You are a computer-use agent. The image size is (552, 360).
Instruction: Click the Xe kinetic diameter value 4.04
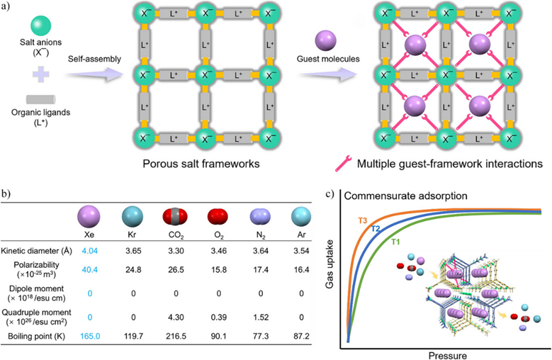coord(90,251)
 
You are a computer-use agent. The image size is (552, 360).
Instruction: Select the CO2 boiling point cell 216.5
coord(176,336)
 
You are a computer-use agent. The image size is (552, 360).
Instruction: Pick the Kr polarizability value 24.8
coord(133,270)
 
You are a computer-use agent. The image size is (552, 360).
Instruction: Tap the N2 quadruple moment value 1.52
coord(261,317)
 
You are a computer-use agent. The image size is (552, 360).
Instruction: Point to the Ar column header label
coord(301,235)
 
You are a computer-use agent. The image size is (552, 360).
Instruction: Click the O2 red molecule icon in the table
coord(218,217)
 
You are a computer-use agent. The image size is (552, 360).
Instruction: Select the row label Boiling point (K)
coord(37,336)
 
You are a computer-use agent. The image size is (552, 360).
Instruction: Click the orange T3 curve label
coord(363,220)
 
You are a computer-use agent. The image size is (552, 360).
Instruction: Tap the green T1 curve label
coord(395,242)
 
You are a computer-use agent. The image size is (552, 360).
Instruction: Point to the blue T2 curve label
coord(376,229)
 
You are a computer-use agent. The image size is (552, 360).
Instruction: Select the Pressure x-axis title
coord(447,356)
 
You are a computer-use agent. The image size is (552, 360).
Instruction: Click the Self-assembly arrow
coord(94,74)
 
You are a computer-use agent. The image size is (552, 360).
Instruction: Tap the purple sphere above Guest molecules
coord(326,41)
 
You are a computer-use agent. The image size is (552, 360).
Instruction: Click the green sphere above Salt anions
coord(41,26)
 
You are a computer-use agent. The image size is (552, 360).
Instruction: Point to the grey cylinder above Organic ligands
coord(41,99)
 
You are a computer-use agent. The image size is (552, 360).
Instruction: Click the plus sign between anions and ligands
coord(41,74)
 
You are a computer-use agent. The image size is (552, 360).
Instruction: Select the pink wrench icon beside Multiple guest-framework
coord(343,164)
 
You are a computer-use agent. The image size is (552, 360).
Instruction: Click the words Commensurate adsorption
coord(405,196)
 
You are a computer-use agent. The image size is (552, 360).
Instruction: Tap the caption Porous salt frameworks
coord(201,164)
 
